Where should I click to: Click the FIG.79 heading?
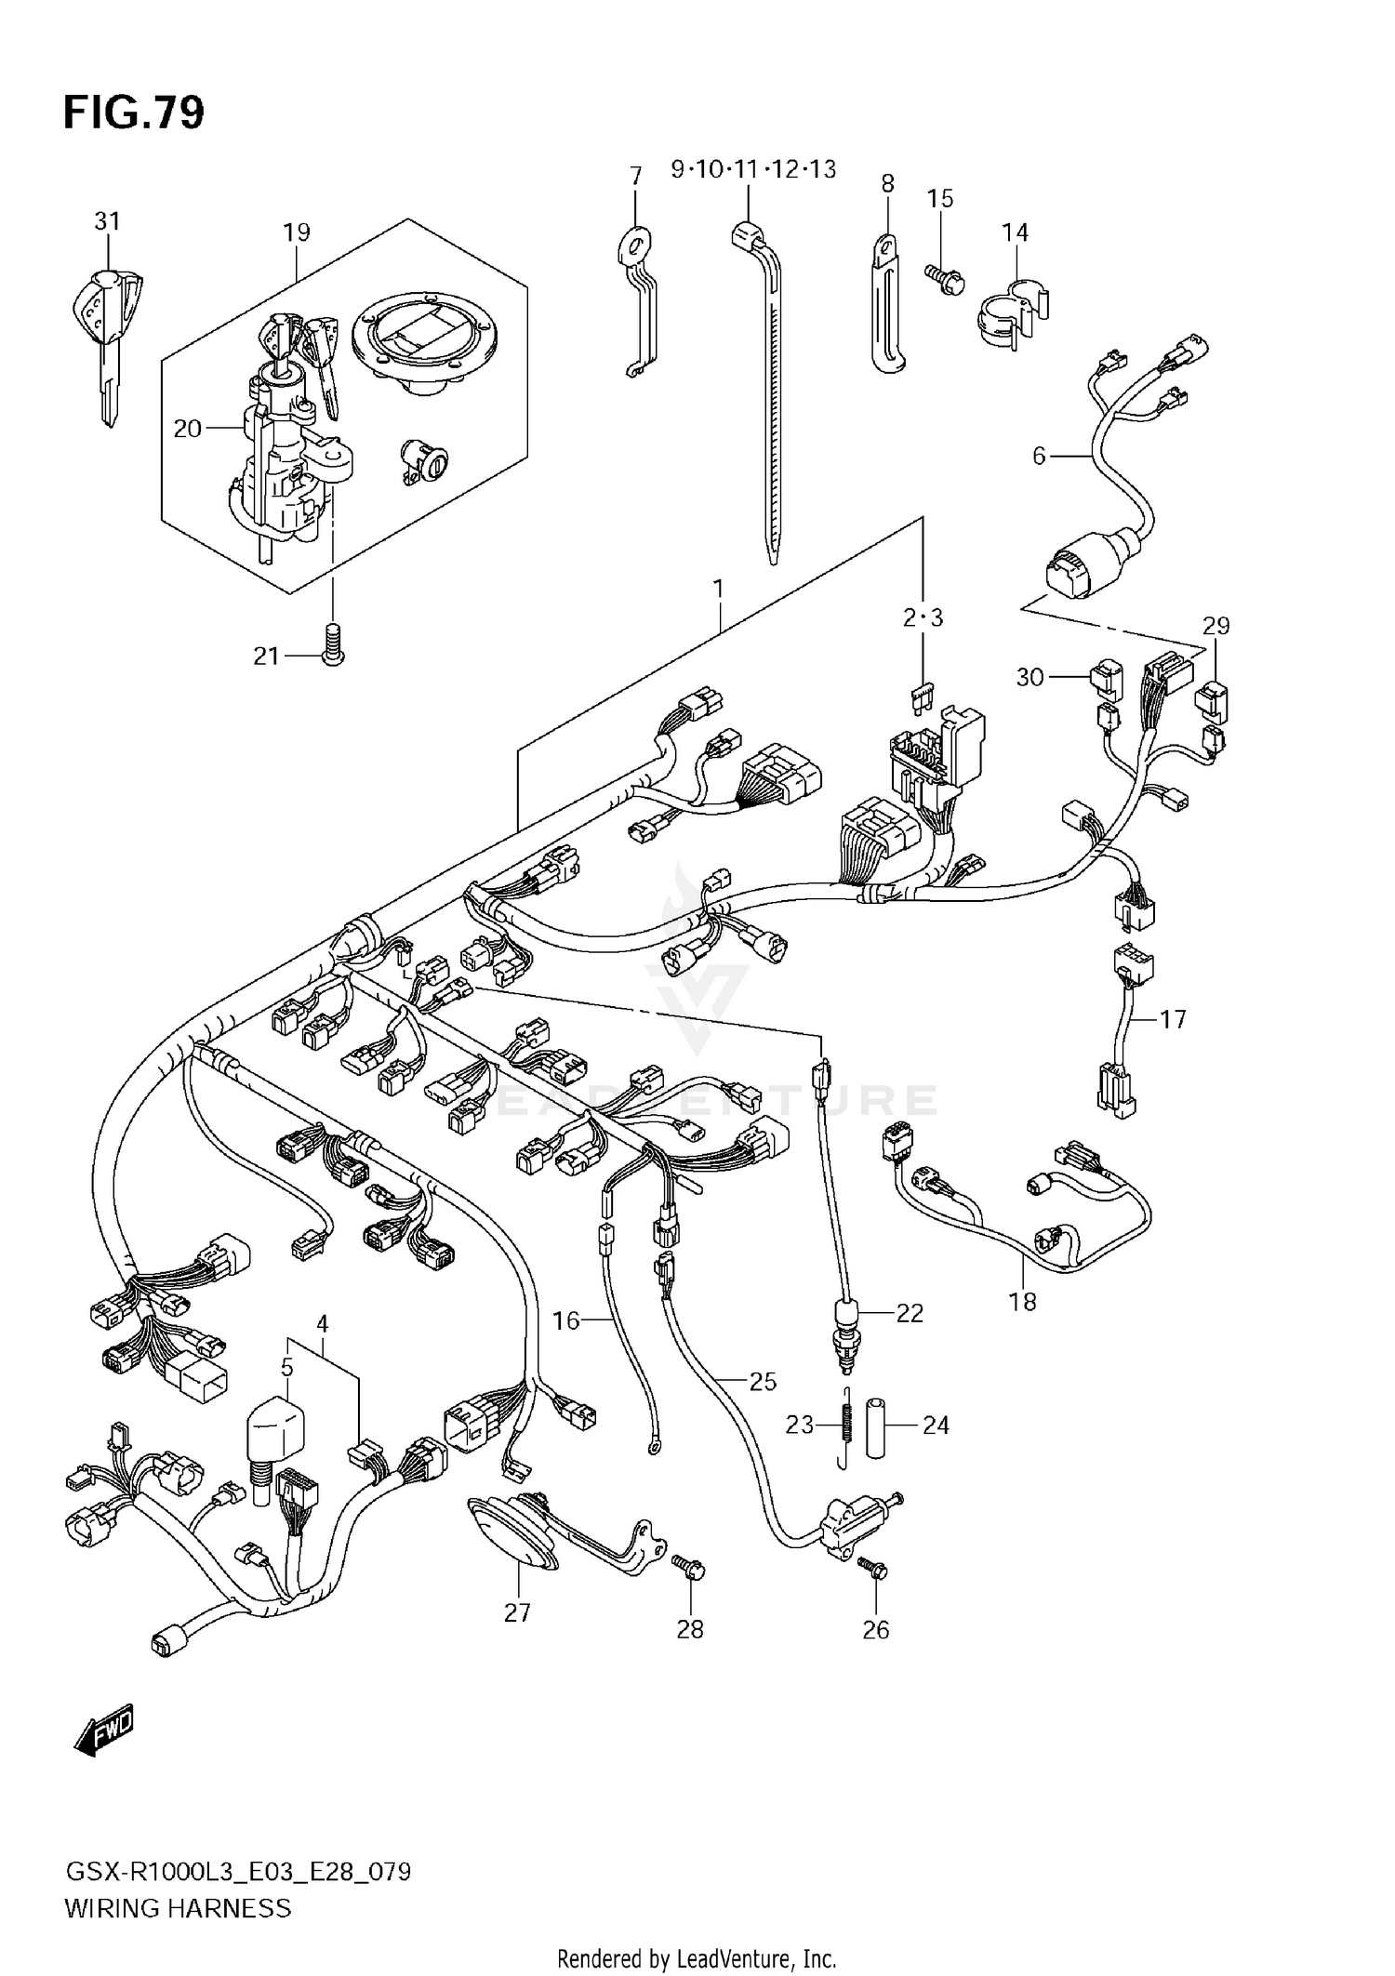(x=134, y=113)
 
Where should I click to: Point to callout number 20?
(x=187, y=429)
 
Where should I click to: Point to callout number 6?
(x=1039, y=456)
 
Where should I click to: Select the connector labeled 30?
(x=1107, y=679)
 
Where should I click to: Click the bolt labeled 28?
(x=690, y=1568)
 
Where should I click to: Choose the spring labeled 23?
(x=846, y=1426)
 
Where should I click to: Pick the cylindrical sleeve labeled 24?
(x=875, y=1426)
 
